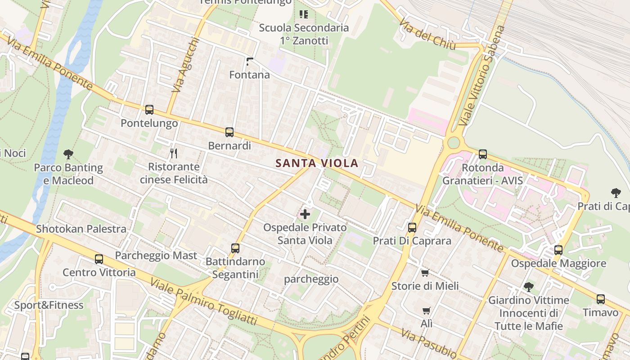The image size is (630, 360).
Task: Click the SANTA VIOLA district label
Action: point(317,163)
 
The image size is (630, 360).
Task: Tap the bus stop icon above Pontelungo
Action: point(149,109)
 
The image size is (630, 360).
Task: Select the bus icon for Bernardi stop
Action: point(229,132)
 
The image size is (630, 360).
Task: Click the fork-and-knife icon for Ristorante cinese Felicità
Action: point(174,153)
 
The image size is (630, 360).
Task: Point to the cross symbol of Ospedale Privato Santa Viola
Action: point(305,214)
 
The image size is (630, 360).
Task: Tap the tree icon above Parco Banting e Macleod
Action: point(68,154)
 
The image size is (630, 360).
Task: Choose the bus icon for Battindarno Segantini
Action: point(235,248)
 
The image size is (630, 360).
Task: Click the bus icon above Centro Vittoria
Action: point(99,259)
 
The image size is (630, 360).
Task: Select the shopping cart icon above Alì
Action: point(427,310)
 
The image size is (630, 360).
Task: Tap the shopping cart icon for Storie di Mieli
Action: point(425,273)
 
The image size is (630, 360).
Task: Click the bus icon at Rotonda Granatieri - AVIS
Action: point(483,154)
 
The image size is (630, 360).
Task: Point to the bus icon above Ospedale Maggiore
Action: point(558,250)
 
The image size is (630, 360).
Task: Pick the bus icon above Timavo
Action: point(600,299)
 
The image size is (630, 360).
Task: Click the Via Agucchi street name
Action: point(185,65)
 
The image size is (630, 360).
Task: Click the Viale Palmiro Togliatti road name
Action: point(203,301)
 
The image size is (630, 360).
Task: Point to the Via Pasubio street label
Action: point(428,343)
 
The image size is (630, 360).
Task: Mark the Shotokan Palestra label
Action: point(81,229)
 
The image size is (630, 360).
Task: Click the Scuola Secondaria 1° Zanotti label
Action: point(304,34)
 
